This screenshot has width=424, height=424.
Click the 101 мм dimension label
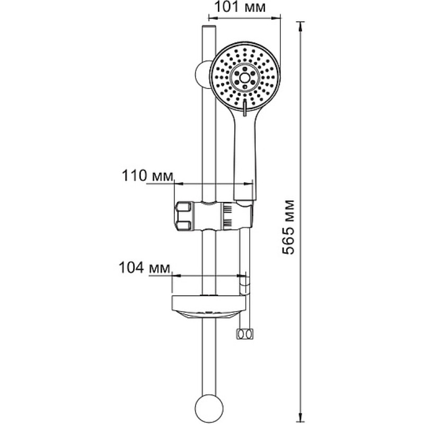coord(240,7)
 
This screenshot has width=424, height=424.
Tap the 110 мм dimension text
coord(147,176)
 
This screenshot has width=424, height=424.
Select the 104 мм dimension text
coord(145,268)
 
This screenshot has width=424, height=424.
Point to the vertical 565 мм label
coord(288,227)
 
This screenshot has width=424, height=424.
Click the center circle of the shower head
coord(245,78)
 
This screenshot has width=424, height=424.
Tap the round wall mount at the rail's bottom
coord(209,408)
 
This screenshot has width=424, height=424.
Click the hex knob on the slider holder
coord(183,216)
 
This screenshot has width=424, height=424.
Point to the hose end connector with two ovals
coord(245,334)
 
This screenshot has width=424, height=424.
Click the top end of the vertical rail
coord(209,26)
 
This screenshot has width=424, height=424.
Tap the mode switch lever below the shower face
coord(245,108)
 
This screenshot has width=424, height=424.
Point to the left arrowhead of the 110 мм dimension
coord(179,183)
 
